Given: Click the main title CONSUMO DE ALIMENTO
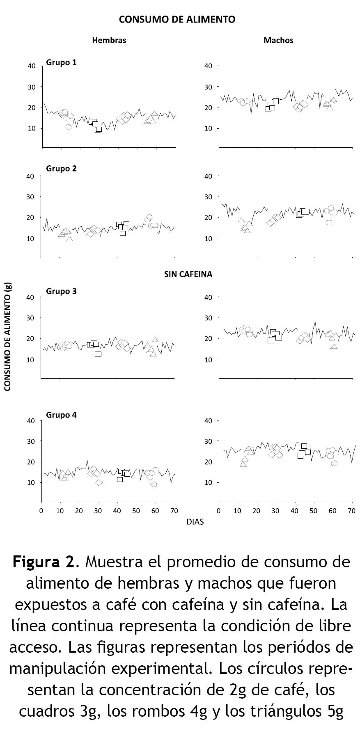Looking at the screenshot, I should (177, 19).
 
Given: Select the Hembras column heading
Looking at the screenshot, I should (109, 40).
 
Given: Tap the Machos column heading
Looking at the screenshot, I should (278, 40).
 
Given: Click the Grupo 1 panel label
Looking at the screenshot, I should (61, 63).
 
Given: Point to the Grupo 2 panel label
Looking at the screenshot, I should (61, 169).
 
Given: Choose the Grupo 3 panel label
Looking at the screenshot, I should (61, 291).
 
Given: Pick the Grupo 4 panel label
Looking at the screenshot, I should (61, 415).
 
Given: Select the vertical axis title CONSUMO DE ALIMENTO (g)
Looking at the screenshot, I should (7, 336).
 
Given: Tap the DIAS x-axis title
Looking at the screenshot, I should (195, 522).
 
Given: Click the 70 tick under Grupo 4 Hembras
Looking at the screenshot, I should (174, 511).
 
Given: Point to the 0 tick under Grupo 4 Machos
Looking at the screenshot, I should (219, 511).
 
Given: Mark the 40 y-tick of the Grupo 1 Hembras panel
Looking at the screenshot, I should (32, 66).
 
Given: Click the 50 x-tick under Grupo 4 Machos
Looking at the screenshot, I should (314, 511).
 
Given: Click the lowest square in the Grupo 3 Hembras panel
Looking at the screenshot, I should (98, 354).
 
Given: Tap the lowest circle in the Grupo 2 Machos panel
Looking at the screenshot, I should (329, 223).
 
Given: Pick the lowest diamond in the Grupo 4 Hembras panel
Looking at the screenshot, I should (99, 482).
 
